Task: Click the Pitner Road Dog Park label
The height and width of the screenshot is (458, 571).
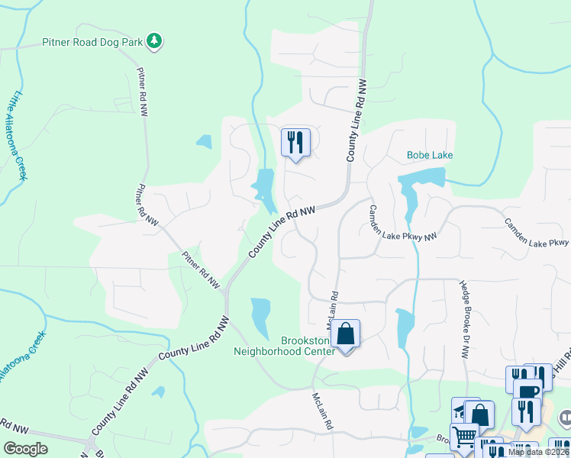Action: [92, 41]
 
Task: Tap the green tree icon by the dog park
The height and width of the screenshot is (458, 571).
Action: [155, 40]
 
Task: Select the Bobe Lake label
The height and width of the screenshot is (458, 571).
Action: [430, 155]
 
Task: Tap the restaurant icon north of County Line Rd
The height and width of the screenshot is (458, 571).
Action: [295, 142]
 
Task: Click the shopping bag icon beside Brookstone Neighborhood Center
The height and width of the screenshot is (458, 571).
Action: [345, 334]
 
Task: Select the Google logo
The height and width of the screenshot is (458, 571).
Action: [26, 449]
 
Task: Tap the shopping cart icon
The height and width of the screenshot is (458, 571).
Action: [464, 437]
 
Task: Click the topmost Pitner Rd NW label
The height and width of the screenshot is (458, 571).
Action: [142, 91]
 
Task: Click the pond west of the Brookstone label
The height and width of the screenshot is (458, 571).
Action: [260, 314]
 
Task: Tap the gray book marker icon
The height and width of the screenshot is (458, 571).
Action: [566, 418]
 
